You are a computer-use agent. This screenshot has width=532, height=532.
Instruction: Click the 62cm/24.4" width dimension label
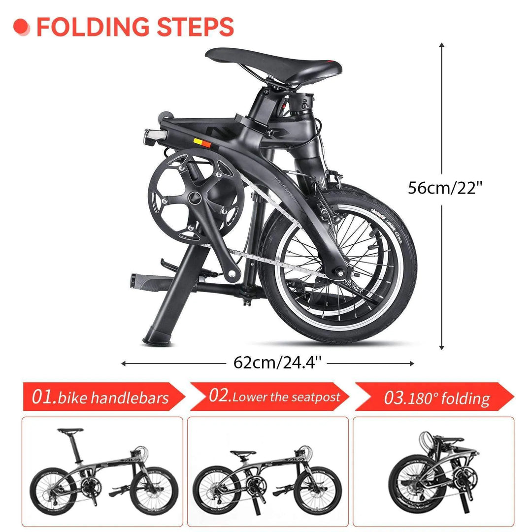tap(277, 363)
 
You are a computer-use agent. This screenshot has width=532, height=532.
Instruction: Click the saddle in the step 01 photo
tap(69, 431)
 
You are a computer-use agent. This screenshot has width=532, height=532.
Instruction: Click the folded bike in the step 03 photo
tap(433, 473)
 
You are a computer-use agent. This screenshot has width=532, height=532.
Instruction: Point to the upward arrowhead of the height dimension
tap(442, 45)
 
